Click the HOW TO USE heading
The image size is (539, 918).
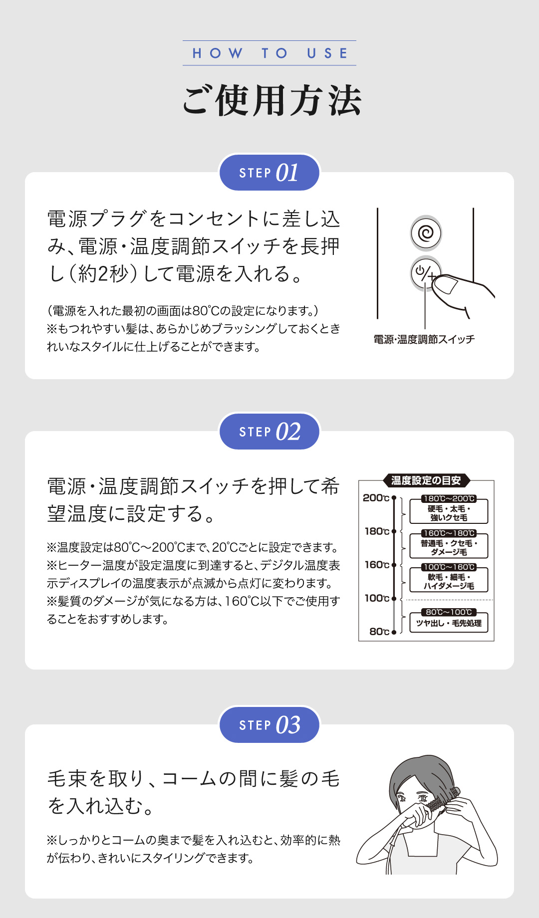pyautogui.click(x=269, y=53)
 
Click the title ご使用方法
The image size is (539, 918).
pyautogui.click(x=271, y=101)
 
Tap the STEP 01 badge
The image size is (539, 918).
pyautogui.click(x=269, y=173)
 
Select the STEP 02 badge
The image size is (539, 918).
pyautogui.click(x=269, y=432)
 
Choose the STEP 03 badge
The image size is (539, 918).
pyautogui.click(x=269, y=725)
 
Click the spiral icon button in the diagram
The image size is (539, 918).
pyautogui.click(x=426, y=233)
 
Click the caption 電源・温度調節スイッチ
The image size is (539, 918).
pyautogui.click(x=424, y=339)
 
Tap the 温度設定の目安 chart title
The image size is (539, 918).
pyautogui.click(x=426, y=480)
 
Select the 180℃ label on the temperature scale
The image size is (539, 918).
pyautogui.click(x=376, y=531)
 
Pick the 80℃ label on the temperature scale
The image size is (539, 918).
pyautogui.click(x=379, y=632)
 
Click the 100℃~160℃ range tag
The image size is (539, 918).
pyautogui.click(x=449, y=567)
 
